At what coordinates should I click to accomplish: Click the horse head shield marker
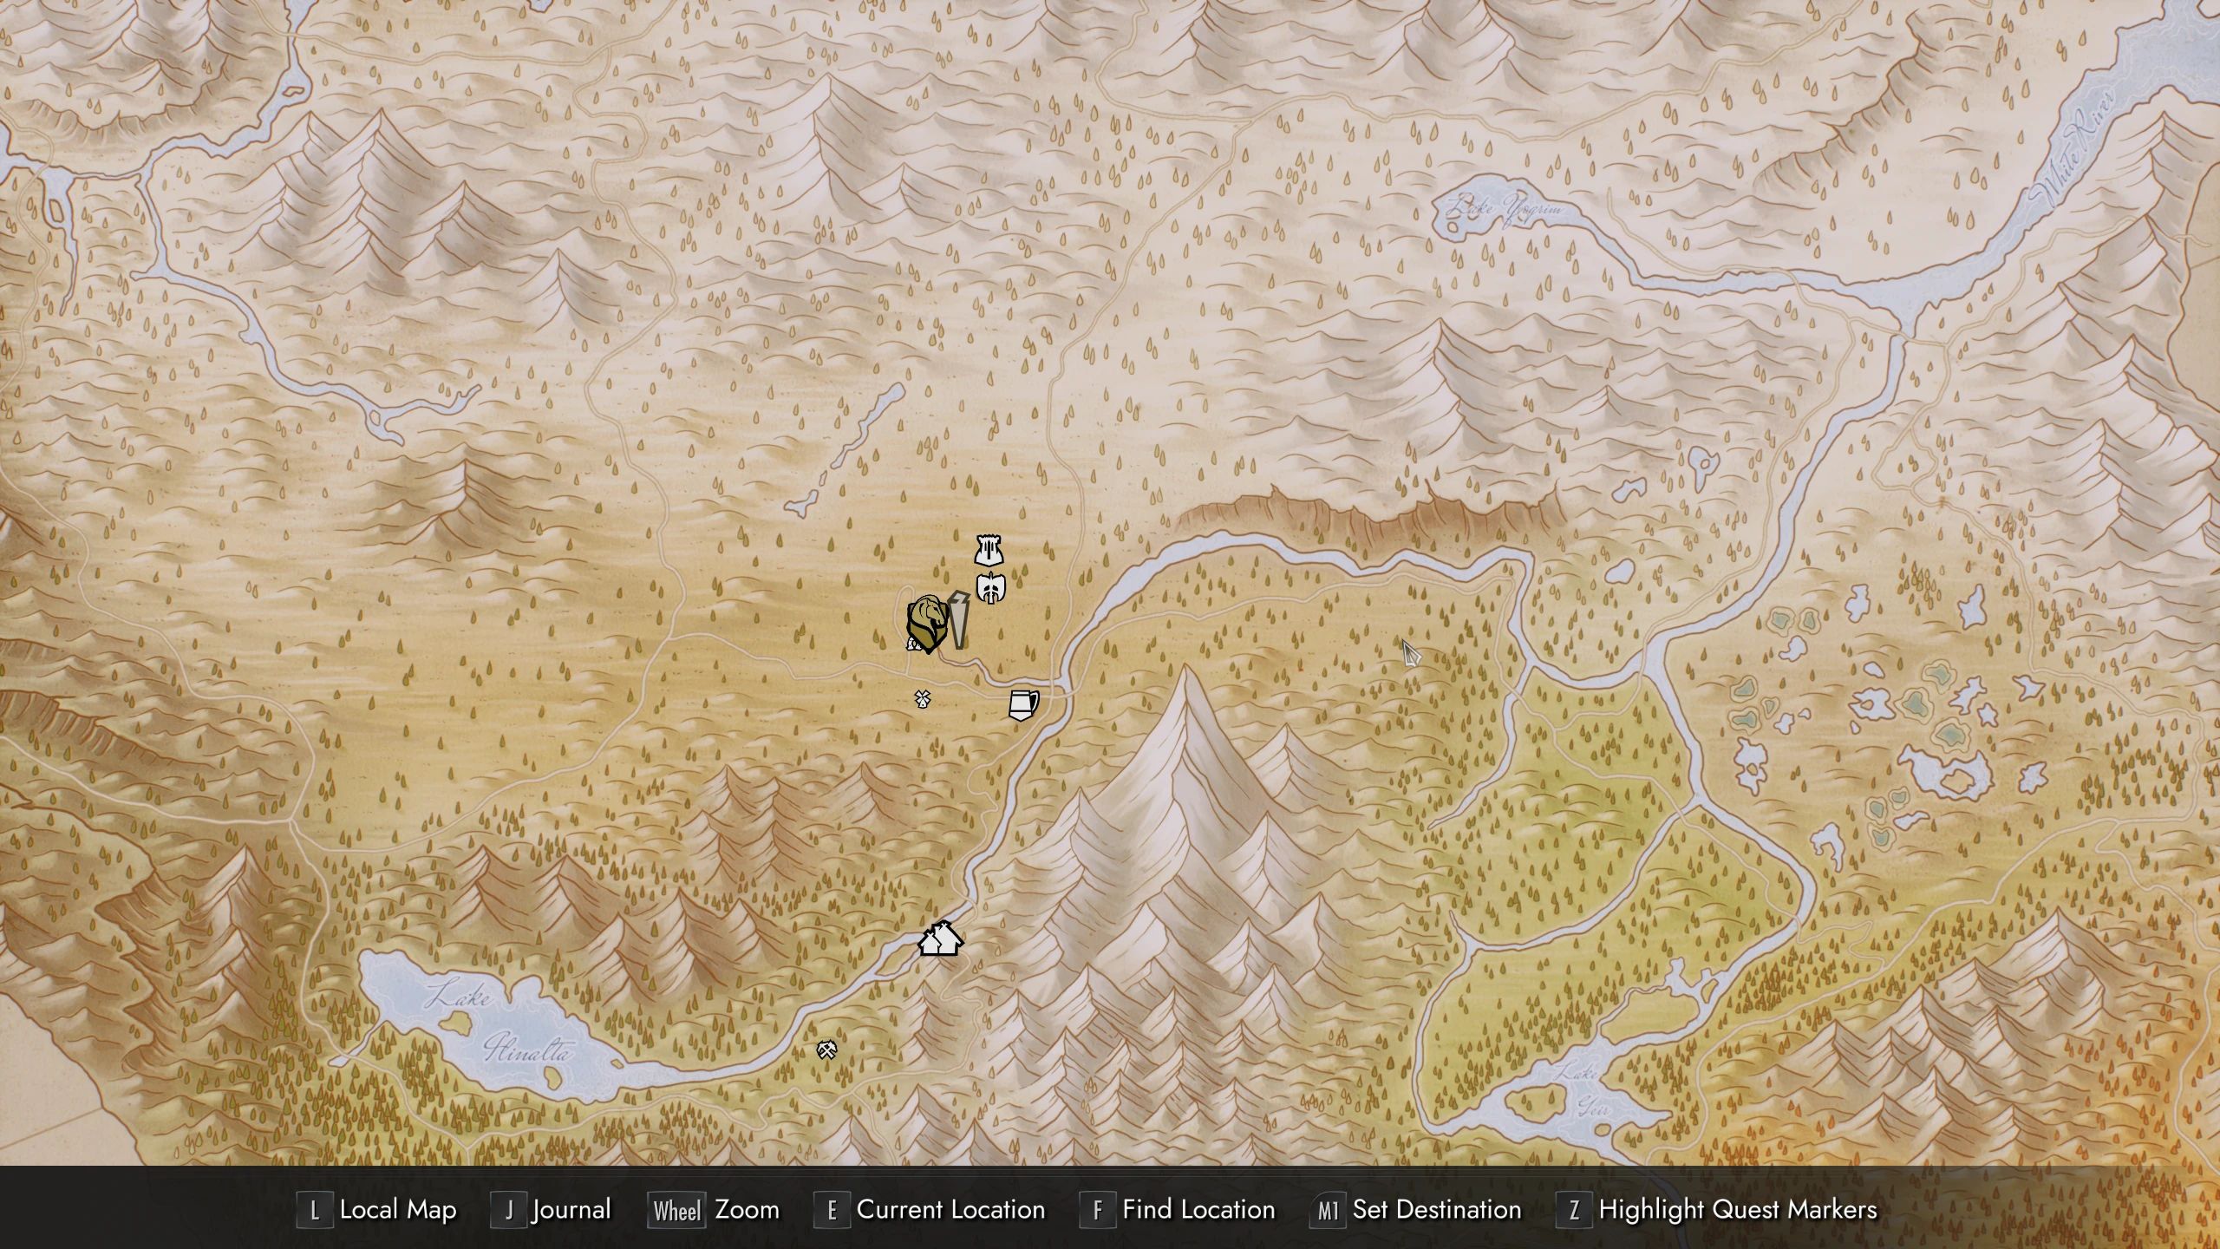click(926, 623)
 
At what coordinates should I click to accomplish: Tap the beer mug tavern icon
click(1023, 704)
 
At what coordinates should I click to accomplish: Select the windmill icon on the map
click(922, 698)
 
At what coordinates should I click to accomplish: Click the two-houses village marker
click(940, 938)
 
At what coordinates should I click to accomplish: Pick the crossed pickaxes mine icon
click(826, 1050)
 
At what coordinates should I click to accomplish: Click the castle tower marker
click(989, 550)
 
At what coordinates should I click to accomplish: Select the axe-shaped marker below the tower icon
click(990, 588)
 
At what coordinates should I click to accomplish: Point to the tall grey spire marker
click(958, 619)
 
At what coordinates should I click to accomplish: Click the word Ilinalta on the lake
click(527, 1050)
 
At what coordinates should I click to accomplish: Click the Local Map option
click(397, 1210)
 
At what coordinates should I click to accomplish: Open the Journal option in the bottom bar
click(571, 1210)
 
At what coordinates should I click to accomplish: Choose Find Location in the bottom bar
click(1198, 1210)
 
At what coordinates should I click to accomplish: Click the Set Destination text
click(1436, 1210)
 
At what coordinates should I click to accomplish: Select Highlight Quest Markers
click(1737, 1210)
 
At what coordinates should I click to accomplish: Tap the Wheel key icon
click(676, 1211)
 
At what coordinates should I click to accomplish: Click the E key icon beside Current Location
click(832, 1211)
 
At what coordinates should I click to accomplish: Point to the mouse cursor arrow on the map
click(1410, 652)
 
